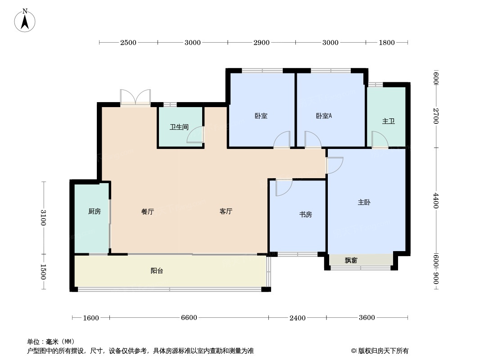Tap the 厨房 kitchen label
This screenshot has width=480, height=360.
point(94,211)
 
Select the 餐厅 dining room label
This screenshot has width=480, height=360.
point(148,211)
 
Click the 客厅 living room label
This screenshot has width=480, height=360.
point(226,211)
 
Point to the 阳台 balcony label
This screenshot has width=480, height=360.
point(157,271)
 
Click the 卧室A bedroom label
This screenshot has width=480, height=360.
point(324,116)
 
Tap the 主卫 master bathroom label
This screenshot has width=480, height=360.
point(388,121)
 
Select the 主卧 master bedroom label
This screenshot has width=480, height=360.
point(364,202)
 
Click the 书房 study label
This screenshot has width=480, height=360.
point(305,215)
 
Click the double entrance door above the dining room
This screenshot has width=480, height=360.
point(135,97)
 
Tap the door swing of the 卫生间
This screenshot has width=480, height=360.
point(195,135)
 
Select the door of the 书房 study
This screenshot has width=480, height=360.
point(283,187)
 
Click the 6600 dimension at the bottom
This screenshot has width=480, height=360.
point(189,318)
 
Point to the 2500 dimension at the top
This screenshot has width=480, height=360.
point(128,43)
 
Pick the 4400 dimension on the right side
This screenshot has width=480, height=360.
point(435,200)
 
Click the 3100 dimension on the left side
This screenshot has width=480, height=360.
point(43,218)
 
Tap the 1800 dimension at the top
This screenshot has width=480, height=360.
point(386,43)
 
